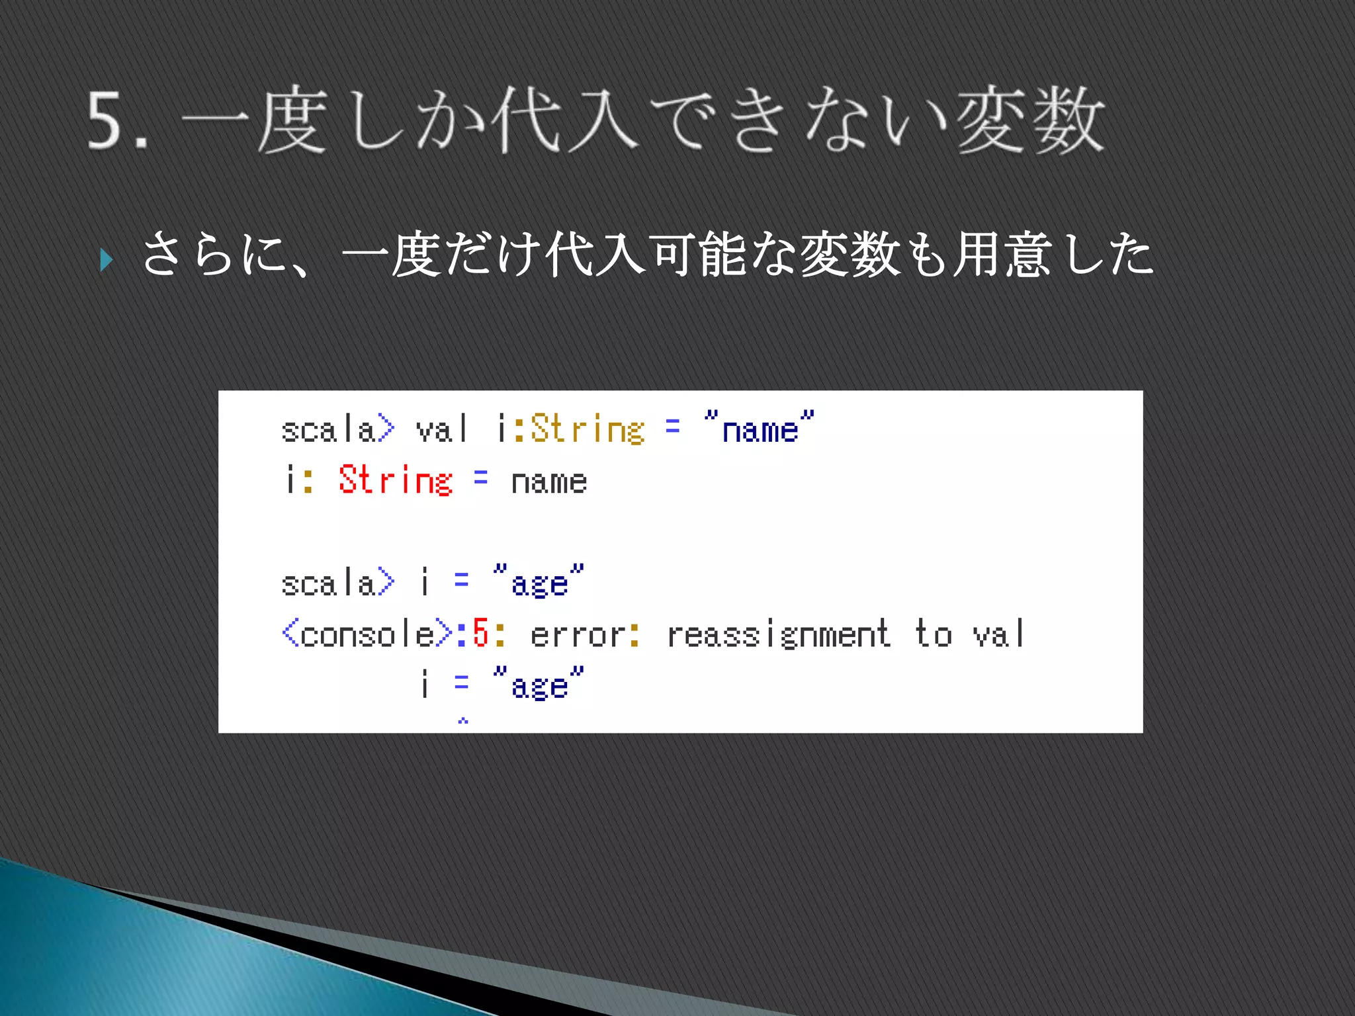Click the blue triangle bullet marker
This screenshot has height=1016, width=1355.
click(107, 260)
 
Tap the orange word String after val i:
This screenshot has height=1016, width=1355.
click(587, 429)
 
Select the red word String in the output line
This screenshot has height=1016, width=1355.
click(395, 480)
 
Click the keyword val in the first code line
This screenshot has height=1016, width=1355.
click(441, 429)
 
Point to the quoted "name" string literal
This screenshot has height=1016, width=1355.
click(759, 429)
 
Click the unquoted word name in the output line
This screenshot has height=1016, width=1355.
click(548, 482)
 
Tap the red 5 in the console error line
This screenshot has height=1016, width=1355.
click(480, 633)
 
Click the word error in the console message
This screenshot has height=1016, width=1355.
click(578, 635)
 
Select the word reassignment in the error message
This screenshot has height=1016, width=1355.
click(778, 635)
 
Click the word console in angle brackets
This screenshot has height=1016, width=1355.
click(367, 635)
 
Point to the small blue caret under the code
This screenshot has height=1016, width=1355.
click(463, 720)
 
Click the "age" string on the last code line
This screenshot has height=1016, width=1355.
click(539, 685)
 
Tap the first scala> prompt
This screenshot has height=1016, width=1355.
click(337, 429)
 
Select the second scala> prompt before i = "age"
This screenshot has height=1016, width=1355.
click(337, 583)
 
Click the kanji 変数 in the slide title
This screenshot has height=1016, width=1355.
click(1029, 121)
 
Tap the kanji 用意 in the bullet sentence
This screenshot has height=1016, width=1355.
click(1002, 255)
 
